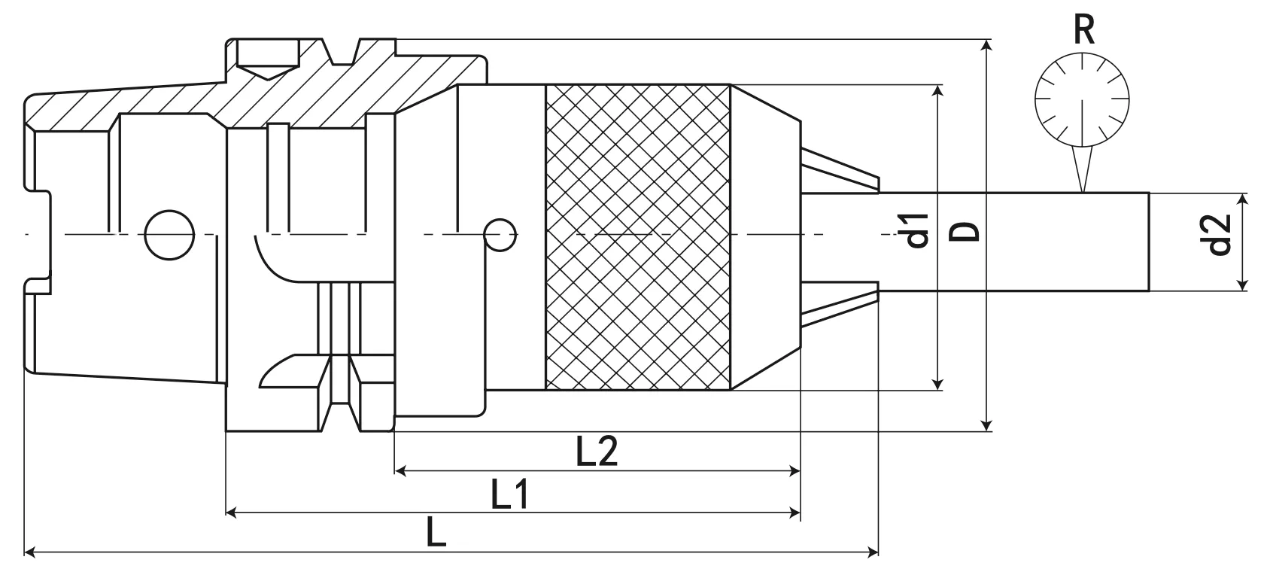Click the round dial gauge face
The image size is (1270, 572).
click(1083, 99)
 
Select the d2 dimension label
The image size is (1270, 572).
click(1218, 235)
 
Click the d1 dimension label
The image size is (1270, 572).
click(916, 230)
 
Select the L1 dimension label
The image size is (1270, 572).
click(511, 495)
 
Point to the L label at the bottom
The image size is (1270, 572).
click(436, 533)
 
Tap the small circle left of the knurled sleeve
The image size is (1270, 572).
click(499, 236)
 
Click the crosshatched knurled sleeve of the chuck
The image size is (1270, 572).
click(637, 237)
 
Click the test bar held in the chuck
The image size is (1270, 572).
click(1016, 241)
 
